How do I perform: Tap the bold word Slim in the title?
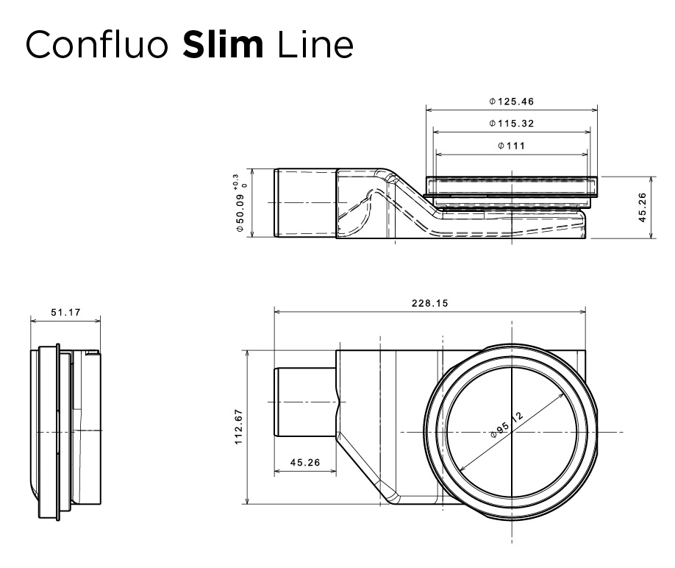(x=223, y=45)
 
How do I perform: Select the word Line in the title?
(x=315, y=46)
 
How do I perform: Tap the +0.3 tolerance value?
(x=235, y=179)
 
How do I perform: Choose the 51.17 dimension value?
(x=65, y=313)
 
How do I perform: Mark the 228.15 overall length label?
(x=430, y=303)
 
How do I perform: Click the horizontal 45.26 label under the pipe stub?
(x=305, y=463)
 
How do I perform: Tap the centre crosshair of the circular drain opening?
(x=511, y=432)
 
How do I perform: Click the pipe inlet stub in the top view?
(x=304, y=402)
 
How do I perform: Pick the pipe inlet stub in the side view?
(x=305, y=203)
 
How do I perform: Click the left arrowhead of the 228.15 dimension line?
(x=277, y=311)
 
